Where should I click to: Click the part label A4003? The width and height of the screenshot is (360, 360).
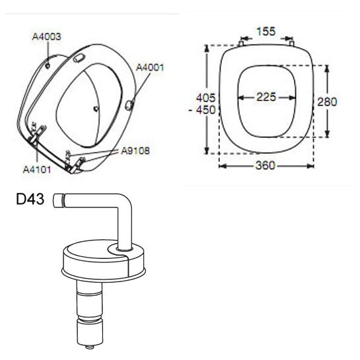pyautogui.click(x=47, y=36)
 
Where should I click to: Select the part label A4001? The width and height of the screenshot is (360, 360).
pyautogui.click(x=151, y=67)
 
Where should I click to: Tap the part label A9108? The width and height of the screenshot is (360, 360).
pyautogui.click(x=135, y=151)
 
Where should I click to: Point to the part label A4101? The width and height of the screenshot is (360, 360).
pyautogui.click(x=37, y=170)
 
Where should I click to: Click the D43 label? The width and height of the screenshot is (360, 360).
pyautogui.click(x=30, y=199)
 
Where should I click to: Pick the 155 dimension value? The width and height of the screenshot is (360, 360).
pyautogui.click(x=266, y=32)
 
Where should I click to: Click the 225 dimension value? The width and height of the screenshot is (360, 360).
pyautogui.click(x=266, y=97)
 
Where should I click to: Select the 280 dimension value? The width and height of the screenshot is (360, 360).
pyautogui.click(x=327, y=102)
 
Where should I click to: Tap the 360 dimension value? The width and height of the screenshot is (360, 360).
pyautogui.click(x=265, y=165)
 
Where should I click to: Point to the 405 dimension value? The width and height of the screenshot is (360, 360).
pyautogui.click(x=206, y=98)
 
